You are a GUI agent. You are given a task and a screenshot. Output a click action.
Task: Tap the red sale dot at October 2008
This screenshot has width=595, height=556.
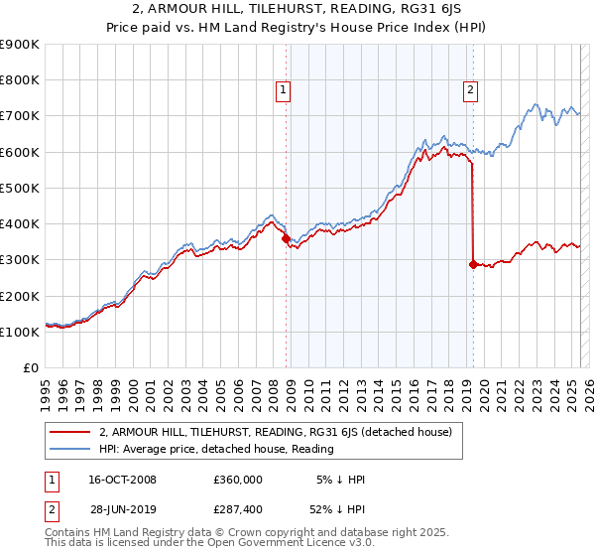[x=286, y=238]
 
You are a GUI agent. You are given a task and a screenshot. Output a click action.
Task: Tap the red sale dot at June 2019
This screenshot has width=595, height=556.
[x=473, y=264]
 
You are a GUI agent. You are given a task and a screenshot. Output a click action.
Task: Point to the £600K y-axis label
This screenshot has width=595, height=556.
[x=20, y=152]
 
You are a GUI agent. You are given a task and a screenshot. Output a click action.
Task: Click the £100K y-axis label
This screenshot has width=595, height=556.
[x=20, y=332]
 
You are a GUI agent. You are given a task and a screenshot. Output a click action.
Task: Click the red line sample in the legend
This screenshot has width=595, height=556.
[x=70, y=432]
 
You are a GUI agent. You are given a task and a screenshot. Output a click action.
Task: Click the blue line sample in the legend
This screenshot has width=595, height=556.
[x=70, y=449]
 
